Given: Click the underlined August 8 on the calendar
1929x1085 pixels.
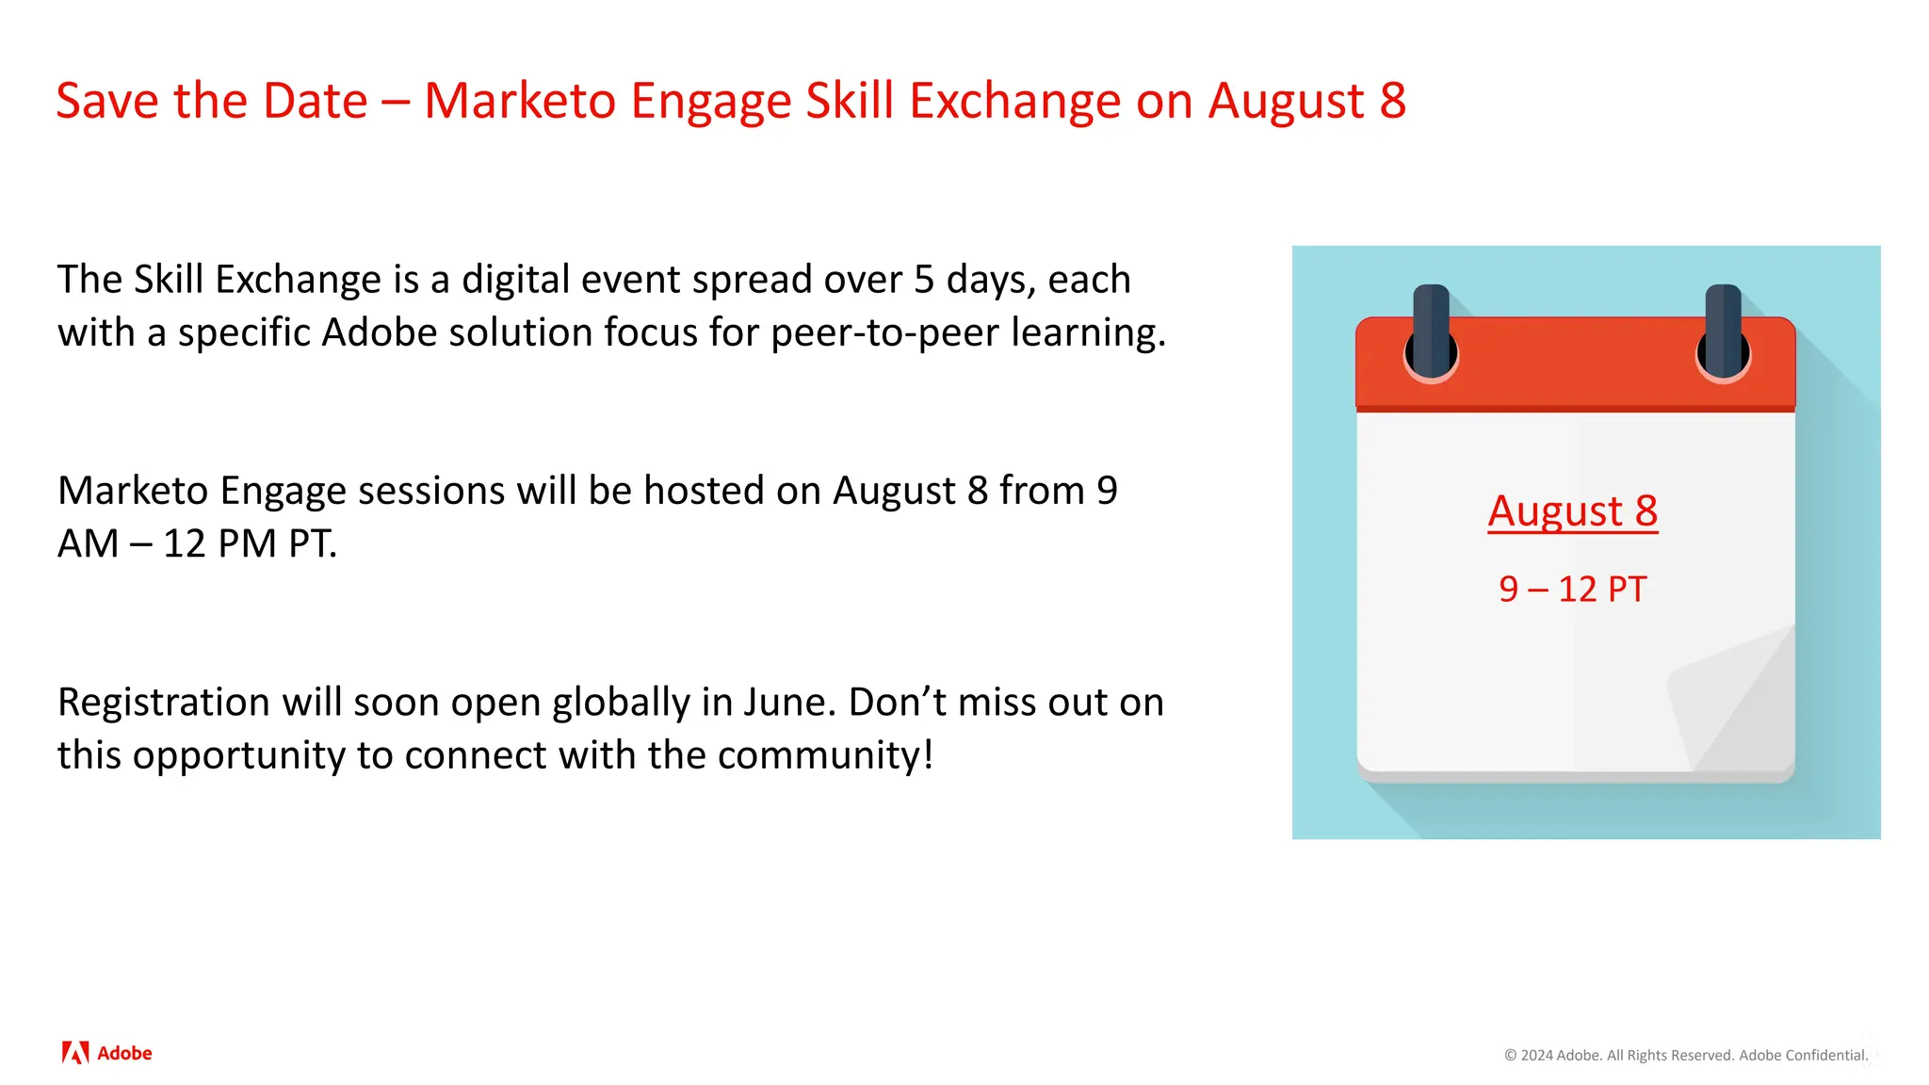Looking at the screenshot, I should pos(1572,511).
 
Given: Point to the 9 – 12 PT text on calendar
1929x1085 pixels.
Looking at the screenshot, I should pos(1572,590).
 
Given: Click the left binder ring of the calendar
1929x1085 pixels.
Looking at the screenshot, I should pos(1431,334).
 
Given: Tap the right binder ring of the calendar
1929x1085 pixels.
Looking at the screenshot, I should pos(1723,334).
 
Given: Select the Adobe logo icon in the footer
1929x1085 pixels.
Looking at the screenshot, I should pos(75,1053).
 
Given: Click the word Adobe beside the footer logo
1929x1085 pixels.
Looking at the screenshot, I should pos(124,1053).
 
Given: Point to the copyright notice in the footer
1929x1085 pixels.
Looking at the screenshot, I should pos(1686,1055).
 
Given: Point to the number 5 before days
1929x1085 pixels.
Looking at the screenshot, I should pos(923,280).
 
